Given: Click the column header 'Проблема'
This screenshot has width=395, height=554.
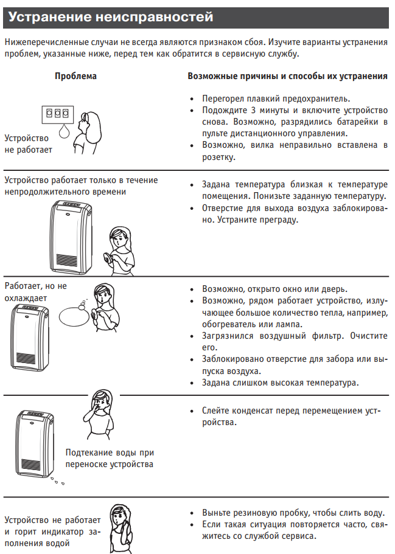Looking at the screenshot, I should pyautogui.click(x=75, y=77).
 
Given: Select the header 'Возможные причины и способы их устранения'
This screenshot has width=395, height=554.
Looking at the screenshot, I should pyautogui.click(x=287, y=77).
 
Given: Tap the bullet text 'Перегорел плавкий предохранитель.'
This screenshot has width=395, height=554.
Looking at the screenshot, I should pyautogui.click(x=276, y=98).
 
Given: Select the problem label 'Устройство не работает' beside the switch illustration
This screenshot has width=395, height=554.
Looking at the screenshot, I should pyautogui.click(x=28, y=144).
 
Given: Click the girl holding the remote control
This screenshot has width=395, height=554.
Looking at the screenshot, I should pyautogui.click(x=119, y=246).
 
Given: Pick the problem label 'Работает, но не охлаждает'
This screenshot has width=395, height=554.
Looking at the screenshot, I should pyautogui.click(x=35, y=292).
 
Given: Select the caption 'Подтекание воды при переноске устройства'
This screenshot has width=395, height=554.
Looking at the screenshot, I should pyautogui.click(x=110, y=459).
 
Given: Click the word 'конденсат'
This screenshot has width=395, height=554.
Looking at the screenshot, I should pyautogui.click(x=251, y=410).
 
